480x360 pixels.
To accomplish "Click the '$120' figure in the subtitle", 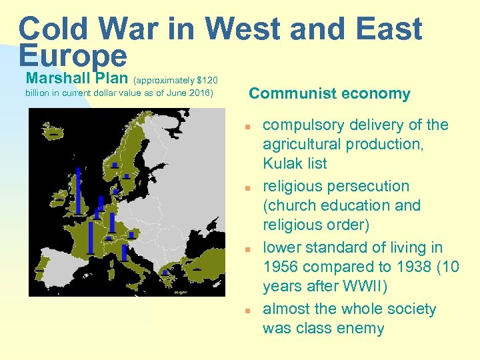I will pyautogui.click(x=208, y=80).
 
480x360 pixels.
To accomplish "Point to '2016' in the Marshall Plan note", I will pyautogui.click(x=199, y=93).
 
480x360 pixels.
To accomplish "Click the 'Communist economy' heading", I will pyautogui.click(x=329, y=94).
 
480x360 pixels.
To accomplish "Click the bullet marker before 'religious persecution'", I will pyautogui.click(x=247, y=188).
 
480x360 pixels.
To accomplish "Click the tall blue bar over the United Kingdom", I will pyautogui.click(x=78, y=190).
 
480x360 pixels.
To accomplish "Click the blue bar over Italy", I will pyautogui.click(x=125, y=252).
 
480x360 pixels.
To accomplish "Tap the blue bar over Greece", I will pyautogui.click(x=165, y=272).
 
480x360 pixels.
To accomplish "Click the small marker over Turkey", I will pyautogui.click(x=197, y=269).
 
